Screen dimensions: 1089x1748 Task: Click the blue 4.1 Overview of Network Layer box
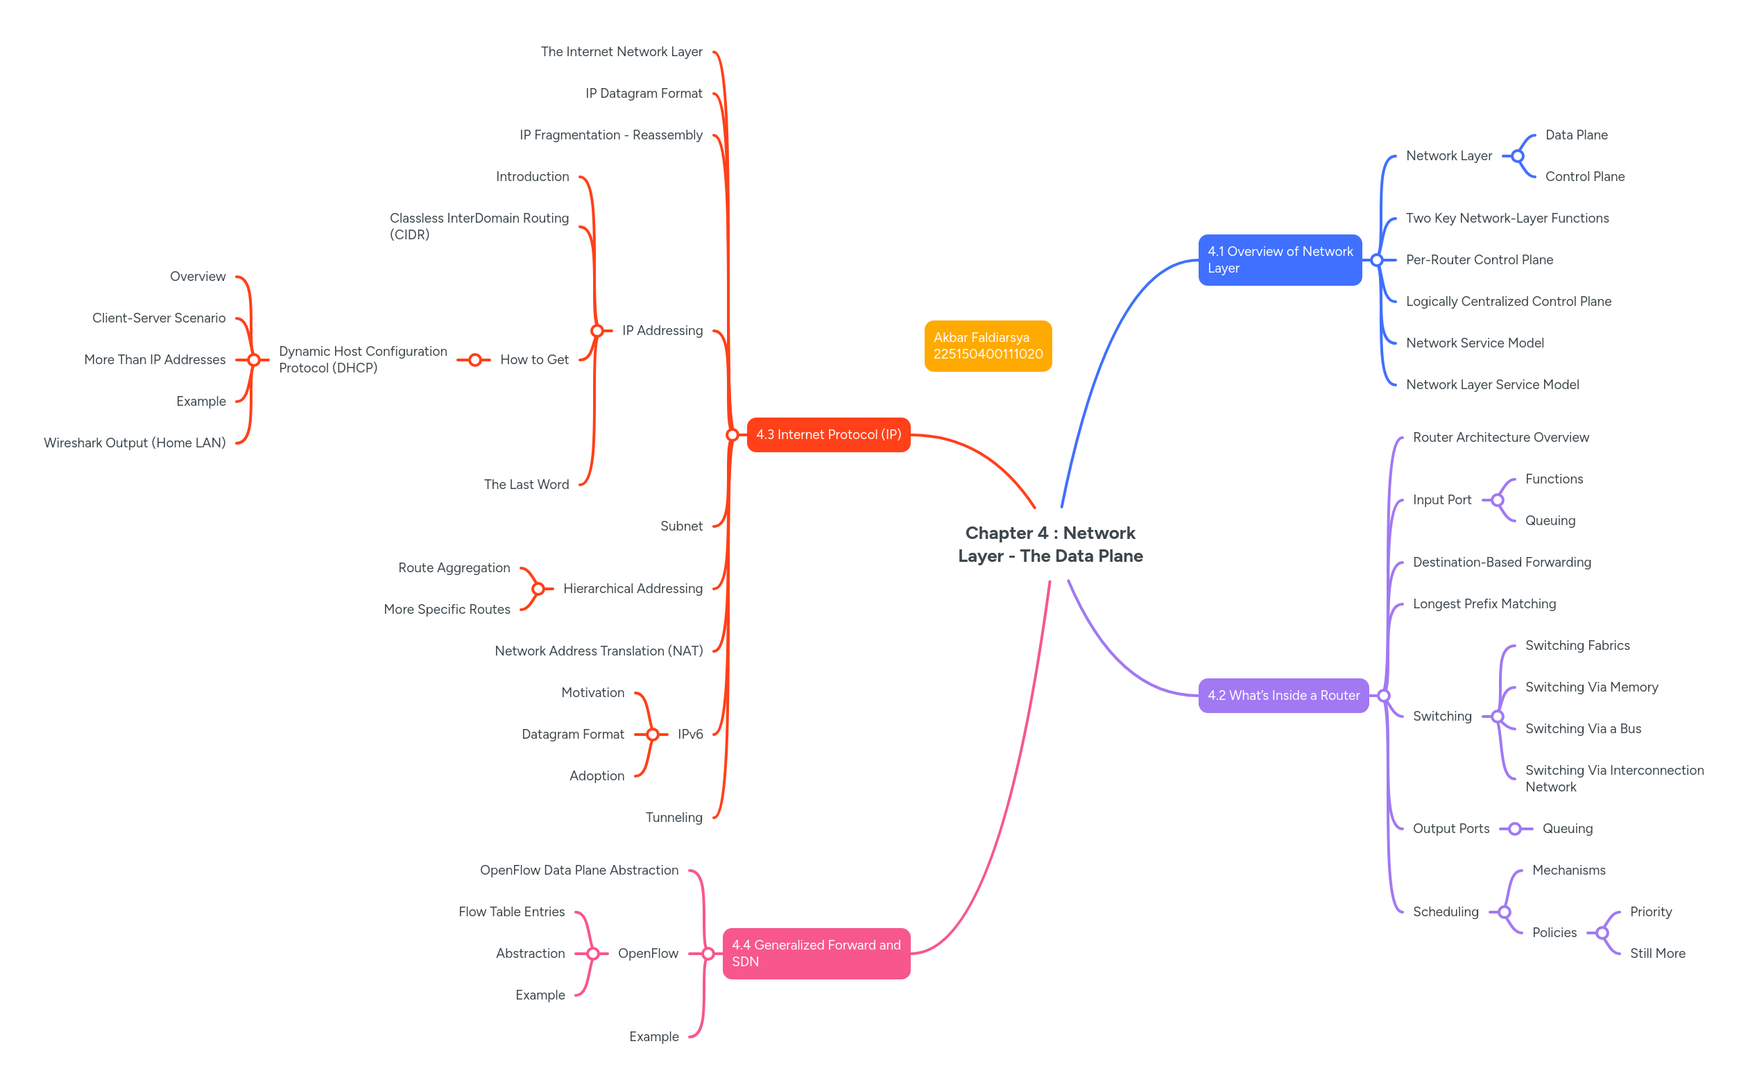pyautogui.click(x=1279, y=260)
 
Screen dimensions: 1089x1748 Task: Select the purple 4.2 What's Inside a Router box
pyautogui.click(x=1283, y=696)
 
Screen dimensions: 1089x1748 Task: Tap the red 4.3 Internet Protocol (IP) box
pyautogui.click(x=828, y=435)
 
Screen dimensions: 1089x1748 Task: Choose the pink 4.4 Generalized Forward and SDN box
pyautogui.click(x=816, y=954)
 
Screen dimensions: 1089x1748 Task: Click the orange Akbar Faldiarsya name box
pyautogui.click(x=988, y=345)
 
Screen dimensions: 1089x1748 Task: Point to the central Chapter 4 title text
pyautogui.click(x=1049, y=544)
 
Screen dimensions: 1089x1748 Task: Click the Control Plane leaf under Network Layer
pyautogui.click(x=1584, y=177)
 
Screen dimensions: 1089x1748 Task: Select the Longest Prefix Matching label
pyautogui.click(x=1484, y=604)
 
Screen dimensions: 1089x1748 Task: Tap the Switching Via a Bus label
pyautogui.click(x=1582, y=729)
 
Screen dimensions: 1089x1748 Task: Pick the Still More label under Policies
pyautogui.click(x=1656, y=954)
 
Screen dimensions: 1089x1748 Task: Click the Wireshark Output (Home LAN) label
pyautogui.click(x=135, y=443)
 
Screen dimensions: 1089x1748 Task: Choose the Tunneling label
pyautogui.click(x=674, y=818)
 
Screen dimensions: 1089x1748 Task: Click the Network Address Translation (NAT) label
pyautogui.click(x=599, y=651)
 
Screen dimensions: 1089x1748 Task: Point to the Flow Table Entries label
pyautogui.click(x=511, y=912)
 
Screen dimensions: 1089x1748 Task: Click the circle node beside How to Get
pyautogui.click(x=474, y=360)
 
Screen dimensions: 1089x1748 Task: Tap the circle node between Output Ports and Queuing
pyautogui.click(x=1515, y=829)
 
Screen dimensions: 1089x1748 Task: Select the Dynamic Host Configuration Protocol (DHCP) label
pyautogui.click(x=362, y=359)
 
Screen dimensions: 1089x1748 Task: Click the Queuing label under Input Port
pyautogui.click(x=1549, y=521)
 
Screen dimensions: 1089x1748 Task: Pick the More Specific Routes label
pyautogui.click(x=447, y=609)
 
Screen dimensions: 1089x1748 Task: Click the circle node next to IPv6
pyautogui.click(x=653, y=735)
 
